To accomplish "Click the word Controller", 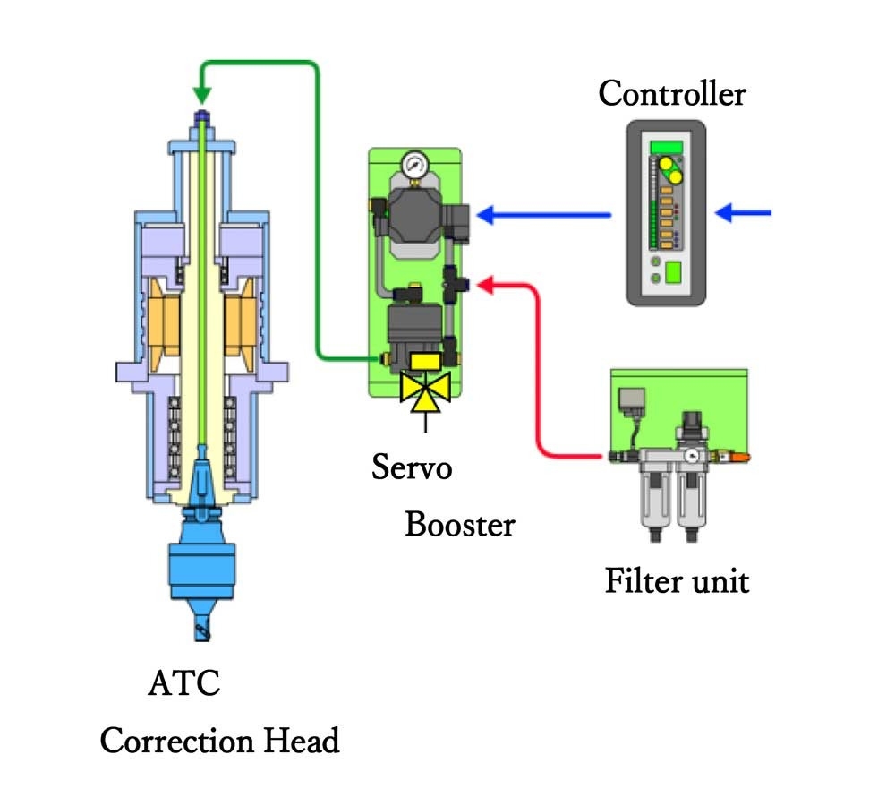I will [x=671, y=92].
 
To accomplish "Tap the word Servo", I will [x=413, y=467].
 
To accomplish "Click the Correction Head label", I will [x=220, y=742].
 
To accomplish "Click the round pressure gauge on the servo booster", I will [x=413, y=164].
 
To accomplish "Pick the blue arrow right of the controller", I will [x=744, y=213].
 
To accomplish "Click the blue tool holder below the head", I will [x=201, y=555].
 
